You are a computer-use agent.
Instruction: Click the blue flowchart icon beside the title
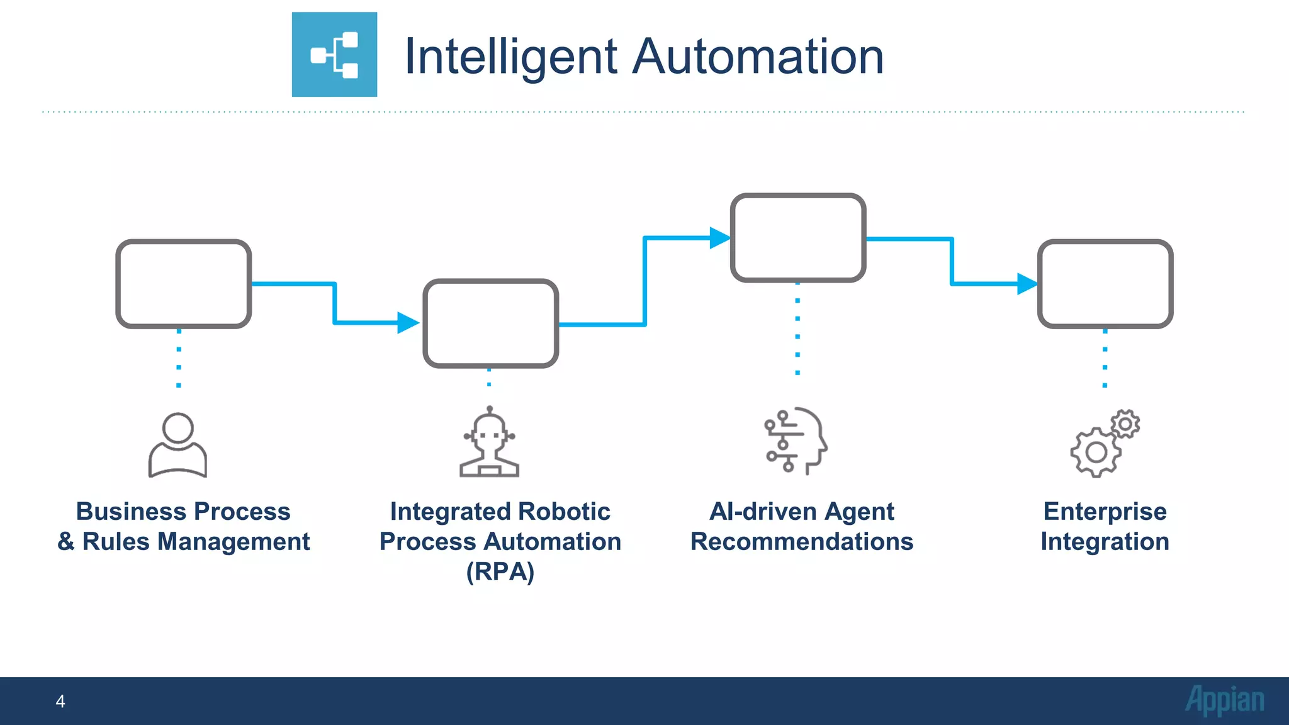[334, 55]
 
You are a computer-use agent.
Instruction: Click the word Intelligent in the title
[510, 57]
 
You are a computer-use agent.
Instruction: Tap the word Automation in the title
[758, 57]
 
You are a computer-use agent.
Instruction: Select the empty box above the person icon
[184, 284]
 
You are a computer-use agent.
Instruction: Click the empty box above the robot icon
[491, 323]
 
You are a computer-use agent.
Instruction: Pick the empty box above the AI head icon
[798, 238]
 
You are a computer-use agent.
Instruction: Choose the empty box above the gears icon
[1105, 284]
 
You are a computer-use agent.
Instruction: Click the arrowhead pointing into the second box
[408, 323]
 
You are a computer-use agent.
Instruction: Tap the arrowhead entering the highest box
[719, 238]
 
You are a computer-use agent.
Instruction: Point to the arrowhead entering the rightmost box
[1027, 284]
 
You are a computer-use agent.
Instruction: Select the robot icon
[490, 442]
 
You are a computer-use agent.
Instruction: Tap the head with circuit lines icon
[796, 441]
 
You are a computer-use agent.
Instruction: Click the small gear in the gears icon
[1125, 424]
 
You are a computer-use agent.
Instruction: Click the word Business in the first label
[122, 512]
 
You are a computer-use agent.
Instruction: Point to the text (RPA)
[500, 572]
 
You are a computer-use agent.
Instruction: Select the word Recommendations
[802, 542]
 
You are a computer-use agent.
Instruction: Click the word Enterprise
[1105, 512]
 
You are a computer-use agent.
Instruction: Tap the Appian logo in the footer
[1225, 700]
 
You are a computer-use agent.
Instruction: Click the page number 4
[60, 701]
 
